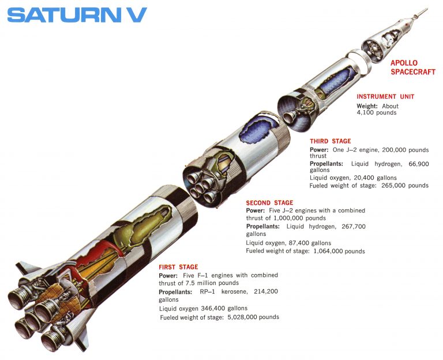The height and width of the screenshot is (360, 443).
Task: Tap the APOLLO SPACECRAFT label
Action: coord(412,67)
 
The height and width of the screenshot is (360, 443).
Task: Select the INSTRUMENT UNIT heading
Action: coord(385,96)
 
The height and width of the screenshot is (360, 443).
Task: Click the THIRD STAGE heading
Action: coord(330,141)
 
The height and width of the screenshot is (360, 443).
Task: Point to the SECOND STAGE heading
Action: coord(269,203)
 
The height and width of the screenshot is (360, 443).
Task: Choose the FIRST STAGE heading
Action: coord(178,267)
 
